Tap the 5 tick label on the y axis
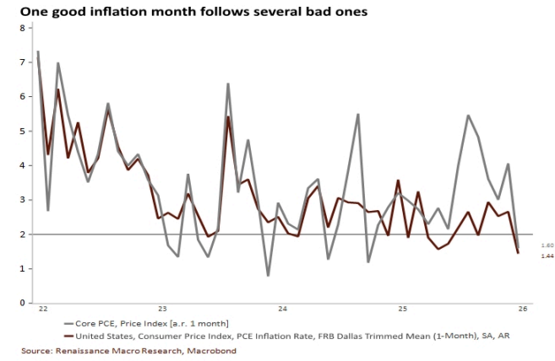point(23,132)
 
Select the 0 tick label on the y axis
point(23,303)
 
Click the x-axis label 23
point(162,309)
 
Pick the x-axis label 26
point(523,309)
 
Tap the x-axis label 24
point(282,309)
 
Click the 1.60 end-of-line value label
point(547,245)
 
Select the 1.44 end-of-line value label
point(547,256)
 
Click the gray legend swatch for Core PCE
point(68,324)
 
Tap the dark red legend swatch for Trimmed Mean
point(68,336)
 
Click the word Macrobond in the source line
point(212,351)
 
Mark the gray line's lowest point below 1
point(269,276)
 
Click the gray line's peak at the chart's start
point(38,51)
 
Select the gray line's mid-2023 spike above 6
point(228,84)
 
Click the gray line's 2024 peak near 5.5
point(358,114)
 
